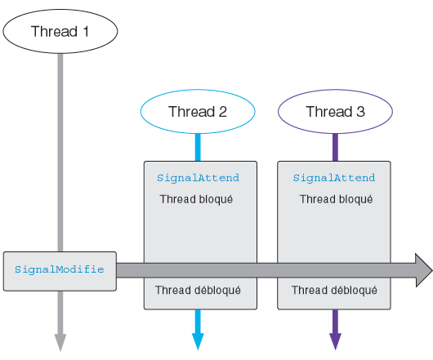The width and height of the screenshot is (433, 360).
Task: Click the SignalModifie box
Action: pos(60,271)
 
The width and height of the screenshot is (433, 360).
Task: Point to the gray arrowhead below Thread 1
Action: pos(60,343)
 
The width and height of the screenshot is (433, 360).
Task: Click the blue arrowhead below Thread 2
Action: pos(198,342)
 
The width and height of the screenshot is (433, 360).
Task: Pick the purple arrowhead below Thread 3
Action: pos(335,342)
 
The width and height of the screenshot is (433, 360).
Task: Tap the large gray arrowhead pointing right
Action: pos(424,270)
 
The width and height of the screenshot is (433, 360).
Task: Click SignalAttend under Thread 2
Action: pos(198,178)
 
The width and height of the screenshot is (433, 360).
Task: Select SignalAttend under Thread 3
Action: pos(334,178)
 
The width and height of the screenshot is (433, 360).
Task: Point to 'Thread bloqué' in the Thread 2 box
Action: pos(196,199)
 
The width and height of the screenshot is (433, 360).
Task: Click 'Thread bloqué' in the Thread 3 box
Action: pos(336,199)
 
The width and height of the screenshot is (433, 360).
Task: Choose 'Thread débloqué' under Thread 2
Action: pos(198,291)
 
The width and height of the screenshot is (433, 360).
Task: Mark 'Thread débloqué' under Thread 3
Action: pos(334,291)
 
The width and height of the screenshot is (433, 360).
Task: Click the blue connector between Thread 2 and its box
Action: pos(198,147)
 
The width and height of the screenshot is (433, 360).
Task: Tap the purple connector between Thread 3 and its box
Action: pos(335,147)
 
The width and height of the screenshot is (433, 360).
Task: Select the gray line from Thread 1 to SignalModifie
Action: pos(60,153)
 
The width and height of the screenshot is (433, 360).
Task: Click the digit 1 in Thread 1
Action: pos(86,31)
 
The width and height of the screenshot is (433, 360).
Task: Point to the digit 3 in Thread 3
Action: pos(360,112)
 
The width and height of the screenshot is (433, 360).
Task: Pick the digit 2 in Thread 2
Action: pos(222,112)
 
